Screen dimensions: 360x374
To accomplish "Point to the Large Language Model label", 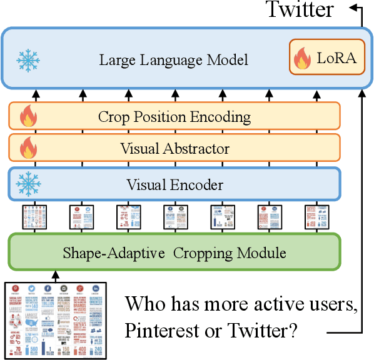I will (174, 60).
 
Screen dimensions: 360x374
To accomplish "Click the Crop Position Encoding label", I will (174, 116).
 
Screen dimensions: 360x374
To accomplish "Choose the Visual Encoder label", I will (174, 184).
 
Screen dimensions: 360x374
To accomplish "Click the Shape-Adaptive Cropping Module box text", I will (174, 253).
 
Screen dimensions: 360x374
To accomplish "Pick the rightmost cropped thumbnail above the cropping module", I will (313, 217).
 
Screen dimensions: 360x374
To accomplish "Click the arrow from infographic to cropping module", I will (55, 276).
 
